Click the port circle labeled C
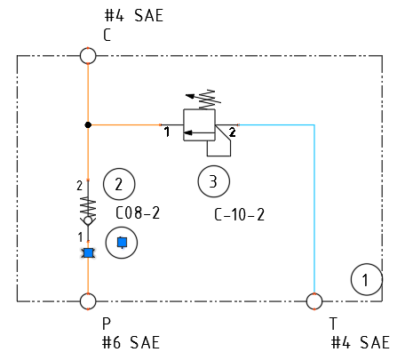coord(88,56)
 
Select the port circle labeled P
coord(88,301)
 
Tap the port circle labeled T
coord(314,301)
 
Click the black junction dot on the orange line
coord(88,125)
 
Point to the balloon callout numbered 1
coord(367,279)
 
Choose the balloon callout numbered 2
coord(119,184)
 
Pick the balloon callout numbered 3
coord(213,181)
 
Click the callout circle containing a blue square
coord(122,243)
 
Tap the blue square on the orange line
coord(88,253)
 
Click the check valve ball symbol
coord(88,220)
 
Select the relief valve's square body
coord(199,125)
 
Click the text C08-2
coord(138,212)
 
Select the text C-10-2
coord(239,214)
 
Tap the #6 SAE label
coord(131,342)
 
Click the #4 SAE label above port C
coord(134,16)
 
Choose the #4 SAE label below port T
coord(360,342)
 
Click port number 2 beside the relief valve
coord(233,132)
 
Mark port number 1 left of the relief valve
coord(167,132)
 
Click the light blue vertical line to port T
coord(314,209)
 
